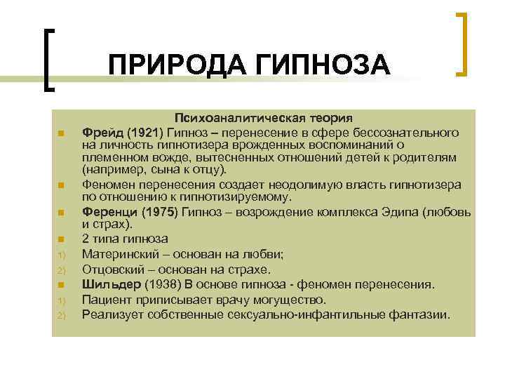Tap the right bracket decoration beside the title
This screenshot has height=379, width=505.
(462, 44)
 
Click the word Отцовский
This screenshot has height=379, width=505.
(114, 270)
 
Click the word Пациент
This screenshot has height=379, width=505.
(107, 299)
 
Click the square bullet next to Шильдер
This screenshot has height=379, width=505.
(62, 285)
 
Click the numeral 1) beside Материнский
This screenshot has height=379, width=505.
(61, 255)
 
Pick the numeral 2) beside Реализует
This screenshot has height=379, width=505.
(61, 314)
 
